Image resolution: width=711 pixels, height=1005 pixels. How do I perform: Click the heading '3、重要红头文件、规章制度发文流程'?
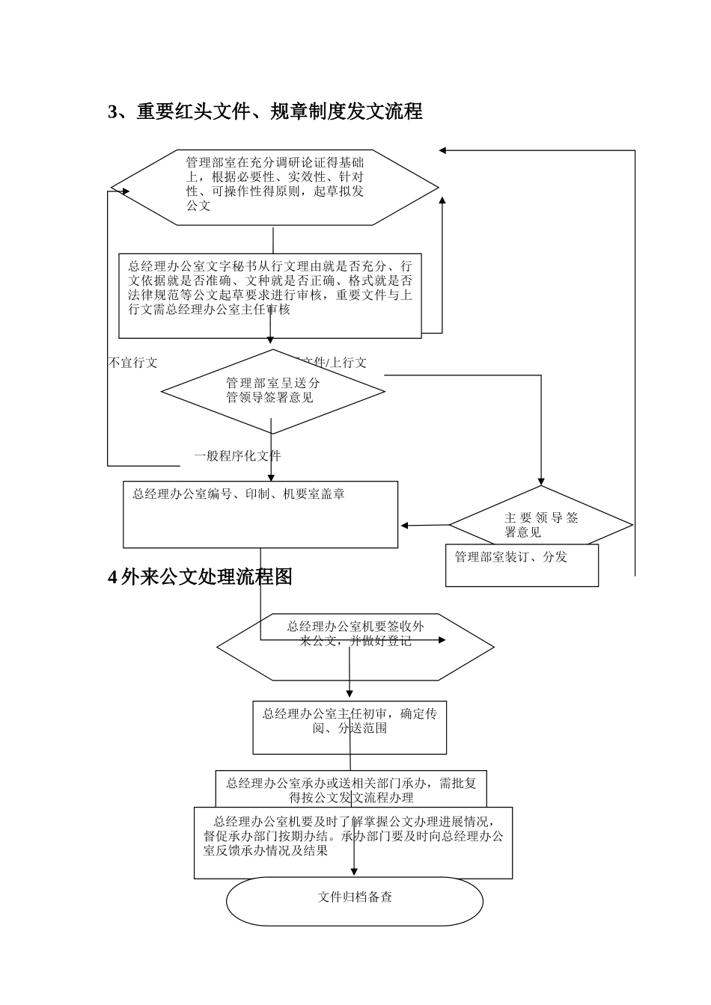click(x=266, y=112)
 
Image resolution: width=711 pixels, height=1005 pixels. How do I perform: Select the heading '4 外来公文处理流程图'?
click(x=201, y=577)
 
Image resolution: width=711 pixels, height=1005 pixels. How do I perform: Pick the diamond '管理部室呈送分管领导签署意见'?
click(x=272, y=390)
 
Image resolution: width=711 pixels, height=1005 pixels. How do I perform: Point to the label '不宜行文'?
click(x=133, y=363)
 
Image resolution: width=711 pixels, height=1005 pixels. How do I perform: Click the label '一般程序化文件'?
click(x=237, y=456)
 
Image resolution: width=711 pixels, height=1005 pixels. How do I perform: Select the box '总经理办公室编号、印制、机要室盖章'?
click(x=260, y=514)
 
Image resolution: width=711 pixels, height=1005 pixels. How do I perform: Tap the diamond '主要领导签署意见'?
click(x=541, y=525)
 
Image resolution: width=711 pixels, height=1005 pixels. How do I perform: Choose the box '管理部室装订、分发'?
click(x=522, y=565)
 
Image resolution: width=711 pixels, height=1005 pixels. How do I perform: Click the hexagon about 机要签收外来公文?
click(x=355, y=647)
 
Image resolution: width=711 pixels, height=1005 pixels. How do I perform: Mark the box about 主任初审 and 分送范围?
click(x=350, y=727)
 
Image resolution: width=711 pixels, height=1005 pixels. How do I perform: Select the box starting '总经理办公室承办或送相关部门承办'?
click(x=351, y=789)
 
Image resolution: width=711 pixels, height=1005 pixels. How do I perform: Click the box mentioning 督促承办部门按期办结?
click(x=353, y=843)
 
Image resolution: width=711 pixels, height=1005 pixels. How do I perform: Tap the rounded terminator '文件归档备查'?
click(x=355, y=901)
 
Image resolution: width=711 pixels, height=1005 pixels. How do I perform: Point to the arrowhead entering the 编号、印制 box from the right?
click(x=404, y=526)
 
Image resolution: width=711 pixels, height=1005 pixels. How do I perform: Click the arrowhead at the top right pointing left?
click(x=443, y=150)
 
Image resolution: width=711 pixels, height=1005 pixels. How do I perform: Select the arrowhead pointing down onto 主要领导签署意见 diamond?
click(x=540, y=482)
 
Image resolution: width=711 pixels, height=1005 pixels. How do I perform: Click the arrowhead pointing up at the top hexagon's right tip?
click(x=442, y=200)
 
